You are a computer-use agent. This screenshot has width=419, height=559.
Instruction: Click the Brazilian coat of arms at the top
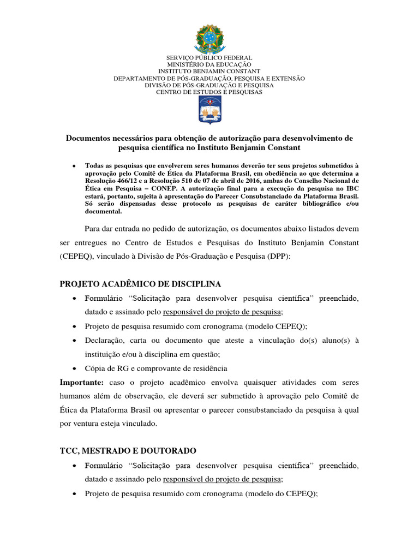click(209, 38)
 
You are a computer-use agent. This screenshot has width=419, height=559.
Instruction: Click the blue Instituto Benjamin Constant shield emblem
click(209, 111)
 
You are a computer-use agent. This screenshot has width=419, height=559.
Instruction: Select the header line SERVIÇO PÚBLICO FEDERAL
click(209, 58)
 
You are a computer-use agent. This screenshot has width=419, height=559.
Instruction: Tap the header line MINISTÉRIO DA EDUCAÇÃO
click(209, 64)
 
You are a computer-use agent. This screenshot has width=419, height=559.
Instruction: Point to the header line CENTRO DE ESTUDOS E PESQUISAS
click(209, 92)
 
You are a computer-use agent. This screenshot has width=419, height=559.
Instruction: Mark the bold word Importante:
click(81, 382)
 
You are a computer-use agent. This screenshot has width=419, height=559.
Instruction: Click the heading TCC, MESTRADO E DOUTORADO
click(128, 450)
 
